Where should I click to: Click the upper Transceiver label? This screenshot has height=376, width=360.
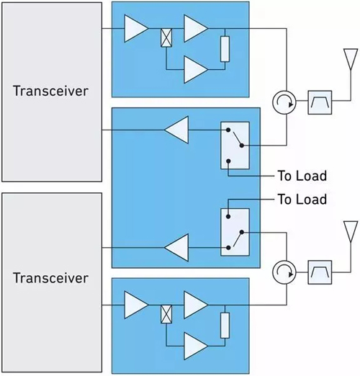50,91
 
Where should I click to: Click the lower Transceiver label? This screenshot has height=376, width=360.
50,278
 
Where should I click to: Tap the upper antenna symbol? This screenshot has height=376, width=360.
351,59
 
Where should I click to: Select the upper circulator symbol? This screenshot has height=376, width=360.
284,102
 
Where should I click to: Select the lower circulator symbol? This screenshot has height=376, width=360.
284,272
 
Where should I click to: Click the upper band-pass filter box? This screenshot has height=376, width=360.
320,102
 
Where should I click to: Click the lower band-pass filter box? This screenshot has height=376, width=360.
320,272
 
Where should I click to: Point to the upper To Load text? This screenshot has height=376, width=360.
302,176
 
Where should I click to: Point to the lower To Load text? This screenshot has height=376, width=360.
302,199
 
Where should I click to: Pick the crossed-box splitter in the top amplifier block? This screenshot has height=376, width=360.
166,37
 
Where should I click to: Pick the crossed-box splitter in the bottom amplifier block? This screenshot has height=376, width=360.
166,314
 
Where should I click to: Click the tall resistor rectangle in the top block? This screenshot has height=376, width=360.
225,49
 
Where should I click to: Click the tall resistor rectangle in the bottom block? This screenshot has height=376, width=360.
225,326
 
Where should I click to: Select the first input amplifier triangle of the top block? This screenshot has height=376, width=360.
136,29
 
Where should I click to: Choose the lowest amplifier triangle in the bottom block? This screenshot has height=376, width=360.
196,346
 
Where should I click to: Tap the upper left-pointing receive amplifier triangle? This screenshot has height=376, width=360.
176,130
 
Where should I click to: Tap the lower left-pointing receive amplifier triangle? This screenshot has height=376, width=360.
176,247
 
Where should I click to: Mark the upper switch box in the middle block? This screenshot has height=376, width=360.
235,146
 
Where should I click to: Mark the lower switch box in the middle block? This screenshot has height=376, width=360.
235,232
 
